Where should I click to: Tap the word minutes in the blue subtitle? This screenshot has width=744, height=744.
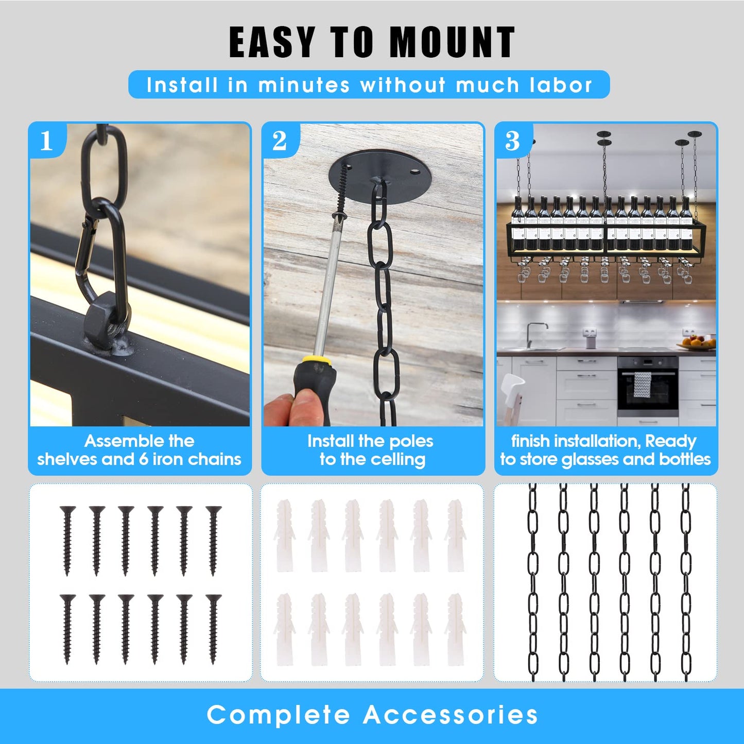304,85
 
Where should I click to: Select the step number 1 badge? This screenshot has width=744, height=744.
47,141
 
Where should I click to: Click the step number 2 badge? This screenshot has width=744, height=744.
280,141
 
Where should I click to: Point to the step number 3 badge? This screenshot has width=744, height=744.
513,141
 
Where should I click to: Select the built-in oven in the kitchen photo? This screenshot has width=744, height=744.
648,387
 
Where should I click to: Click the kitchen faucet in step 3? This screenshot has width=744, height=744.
535,334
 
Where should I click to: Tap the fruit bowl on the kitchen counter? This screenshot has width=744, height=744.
696,343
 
